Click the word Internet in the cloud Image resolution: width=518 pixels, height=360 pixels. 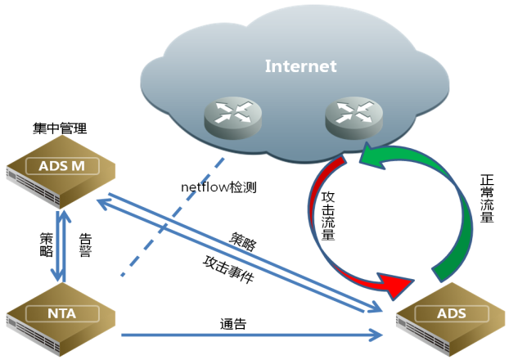[300, 66]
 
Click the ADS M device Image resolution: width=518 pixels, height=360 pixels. [61, 170]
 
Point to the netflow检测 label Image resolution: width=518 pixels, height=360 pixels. [218, 187]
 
